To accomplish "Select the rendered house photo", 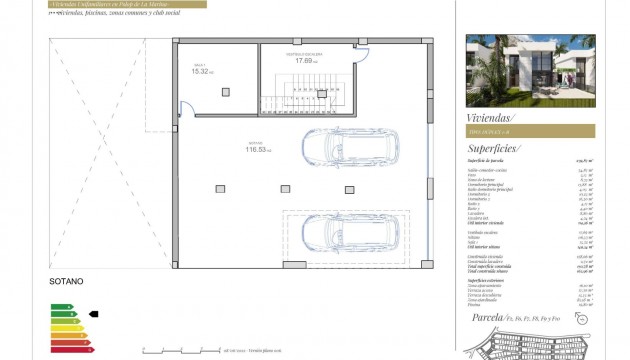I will point(530,70).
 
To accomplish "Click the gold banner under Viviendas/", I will point(530,131).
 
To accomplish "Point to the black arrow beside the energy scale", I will point(95,313).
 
